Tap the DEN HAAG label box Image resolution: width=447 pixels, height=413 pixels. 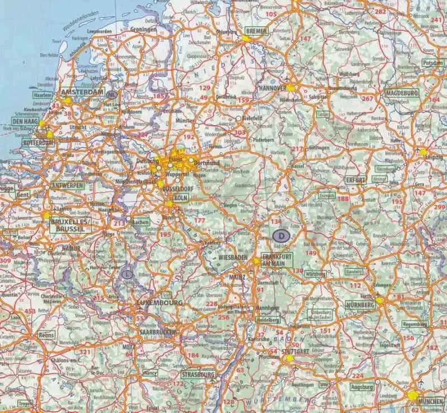point(26,120)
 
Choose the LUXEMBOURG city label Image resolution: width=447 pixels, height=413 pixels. point(159,302)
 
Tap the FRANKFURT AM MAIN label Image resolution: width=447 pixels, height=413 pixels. point(274,259)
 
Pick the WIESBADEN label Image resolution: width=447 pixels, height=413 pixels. point(233,258)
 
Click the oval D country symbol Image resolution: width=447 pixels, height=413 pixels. point(282,236)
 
